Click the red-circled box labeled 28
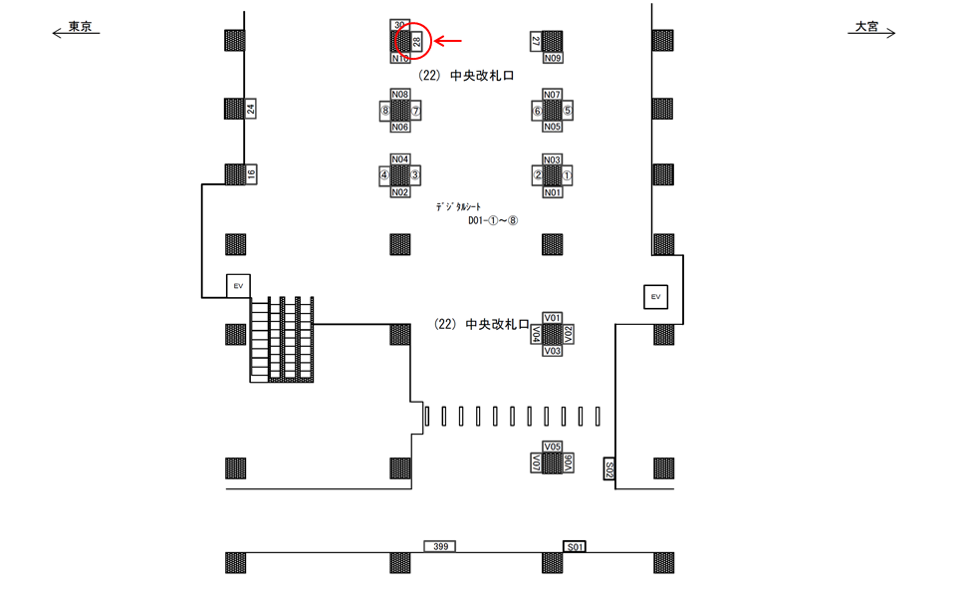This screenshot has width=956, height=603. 416,41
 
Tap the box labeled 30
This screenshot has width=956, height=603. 399,24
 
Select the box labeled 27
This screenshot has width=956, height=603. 536,41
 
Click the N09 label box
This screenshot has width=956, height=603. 553,59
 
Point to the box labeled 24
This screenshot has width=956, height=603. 251,110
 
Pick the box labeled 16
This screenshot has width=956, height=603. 251,174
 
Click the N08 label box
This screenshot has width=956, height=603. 400,94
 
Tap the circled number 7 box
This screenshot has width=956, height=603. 416,111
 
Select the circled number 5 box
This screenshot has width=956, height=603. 568,111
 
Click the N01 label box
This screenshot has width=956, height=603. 553,192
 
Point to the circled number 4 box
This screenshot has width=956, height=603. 383,174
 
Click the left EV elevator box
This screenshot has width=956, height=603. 237,286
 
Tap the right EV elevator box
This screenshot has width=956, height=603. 654,297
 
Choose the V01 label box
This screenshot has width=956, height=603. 554,317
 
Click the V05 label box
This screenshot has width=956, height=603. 554,446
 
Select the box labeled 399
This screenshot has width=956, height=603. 440,547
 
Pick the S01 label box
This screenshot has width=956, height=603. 575,547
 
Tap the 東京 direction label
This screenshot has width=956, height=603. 80,27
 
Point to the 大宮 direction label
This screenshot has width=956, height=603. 865,27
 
